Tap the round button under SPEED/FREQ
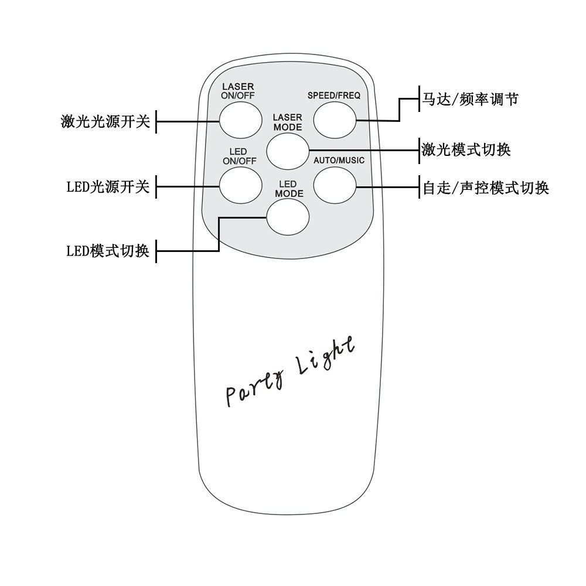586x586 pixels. [x=335, y=120]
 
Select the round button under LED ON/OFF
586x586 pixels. [x=241, y=186]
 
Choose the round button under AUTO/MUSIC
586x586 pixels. [x=335, y=186]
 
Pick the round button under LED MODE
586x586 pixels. [x=288, y=217]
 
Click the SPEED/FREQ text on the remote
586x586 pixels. [x=334, y=95]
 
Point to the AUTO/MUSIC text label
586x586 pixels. [x=339, y=161]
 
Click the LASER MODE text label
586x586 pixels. [x=288, y=122]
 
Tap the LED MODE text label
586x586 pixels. [x=289, y=189]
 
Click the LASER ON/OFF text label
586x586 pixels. [x=238, y=91]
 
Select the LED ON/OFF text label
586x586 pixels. [x=239, y=156]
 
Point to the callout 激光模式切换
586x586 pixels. [x=466, y=149]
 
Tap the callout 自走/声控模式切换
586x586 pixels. [x=486, y=188]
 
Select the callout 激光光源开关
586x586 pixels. [x=105, y=122]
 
